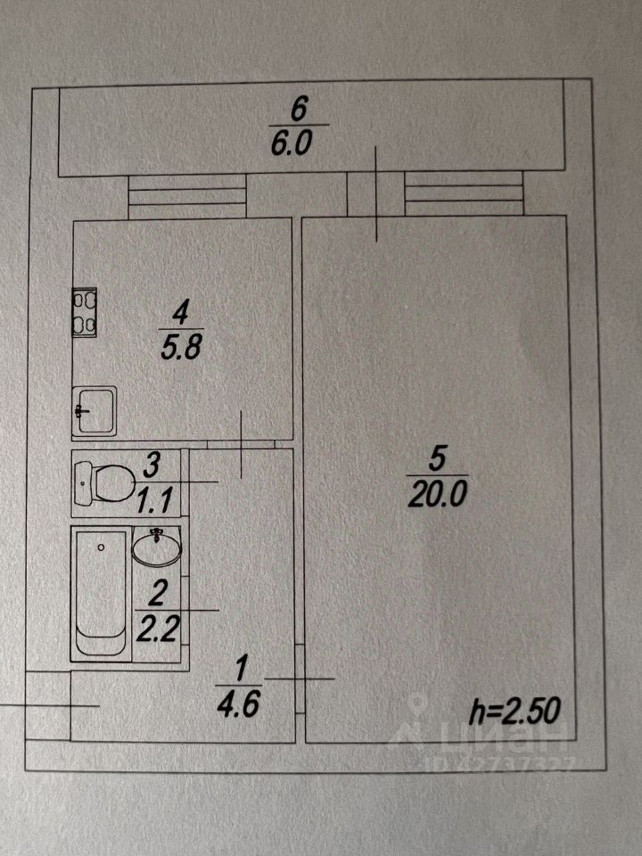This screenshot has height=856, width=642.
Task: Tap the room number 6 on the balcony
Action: pyautogui.click(x=300, y=111)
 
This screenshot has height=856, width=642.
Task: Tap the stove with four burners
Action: pyautogui.click(x=84, y=312)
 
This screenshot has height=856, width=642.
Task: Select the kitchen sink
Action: pyautogui.click(x=94, y=410)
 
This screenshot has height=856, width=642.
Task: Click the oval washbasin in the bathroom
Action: pyautogui.click(x=157, y=545)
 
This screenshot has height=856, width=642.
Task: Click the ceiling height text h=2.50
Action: pyautogui.click(x=514, y=712)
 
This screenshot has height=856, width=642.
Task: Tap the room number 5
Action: pyautogui.click(x=436, y=458)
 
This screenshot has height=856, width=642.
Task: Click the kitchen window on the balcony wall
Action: pyautogui.click(x=186, y=194)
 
